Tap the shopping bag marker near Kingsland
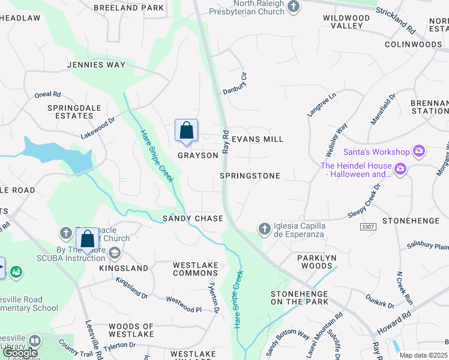[88, 239]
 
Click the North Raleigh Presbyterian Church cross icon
[294, 7]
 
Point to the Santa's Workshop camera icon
[419, 152]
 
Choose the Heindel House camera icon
[400, 170]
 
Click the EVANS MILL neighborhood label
[257, 139]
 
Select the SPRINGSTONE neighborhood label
[250, 176]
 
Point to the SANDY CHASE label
[193, 218]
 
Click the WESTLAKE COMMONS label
[195, 269]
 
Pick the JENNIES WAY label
[96, 65]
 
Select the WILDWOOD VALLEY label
[346, 22]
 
